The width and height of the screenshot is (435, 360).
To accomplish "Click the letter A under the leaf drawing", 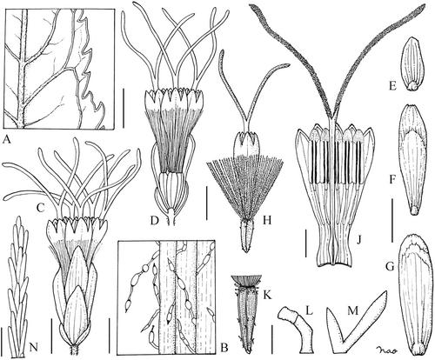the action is (x=6, y=140).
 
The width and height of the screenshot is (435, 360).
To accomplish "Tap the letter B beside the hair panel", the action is (x=224, y=347).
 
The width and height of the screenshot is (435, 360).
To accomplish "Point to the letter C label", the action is (x=41, y=208).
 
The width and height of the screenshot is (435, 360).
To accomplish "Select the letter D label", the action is (x=155, y=221).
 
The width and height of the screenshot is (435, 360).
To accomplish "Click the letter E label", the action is (x=393, y=86).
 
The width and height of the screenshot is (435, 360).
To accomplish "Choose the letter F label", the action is (x=392, y=180).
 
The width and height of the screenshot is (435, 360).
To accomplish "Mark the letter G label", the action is (x=391, y=266).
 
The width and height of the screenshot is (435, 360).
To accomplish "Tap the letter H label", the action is (x=266, y=221).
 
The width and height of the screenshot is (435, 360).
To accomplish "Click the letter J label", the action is (x=360, y=240).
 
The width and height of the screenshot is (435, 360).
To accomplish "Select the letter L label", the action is (x=310, y=311).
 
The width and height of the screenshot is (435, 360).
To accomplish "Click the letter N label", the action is (x=35, y=347).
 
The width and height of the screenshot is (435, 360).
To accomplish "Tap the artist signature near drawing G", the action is (x=387, y=350).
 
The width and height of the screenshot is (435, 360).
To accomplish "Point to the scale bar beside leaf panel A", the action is (x=124, y=109).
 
